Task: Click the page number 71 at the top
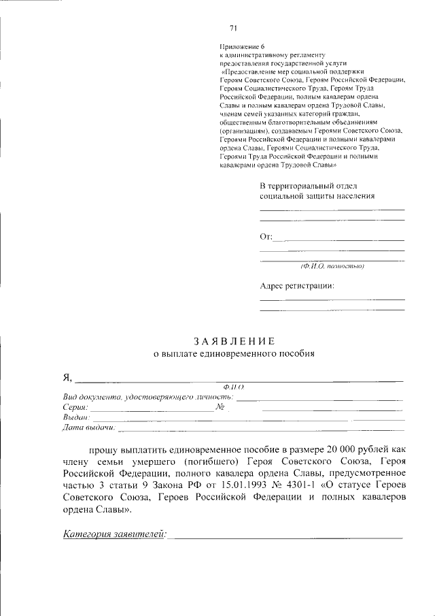coord(233,28)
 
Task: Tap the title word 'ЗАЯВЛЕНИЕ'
coord(233,341)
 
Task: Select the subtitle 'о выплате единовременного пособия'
coord(233,354)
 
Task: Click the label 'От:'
coord(266,237)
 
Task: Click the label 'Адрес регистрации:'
coord(297,286)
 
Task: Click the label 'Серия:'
coord(75,407)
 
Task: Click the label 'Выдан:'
coord(76,417)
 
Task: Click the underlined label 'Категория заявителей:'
coord(114,534)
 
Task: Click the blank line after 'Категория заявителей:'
coord(285,537)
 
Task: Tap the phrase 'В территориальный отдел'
coord(307,186)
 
